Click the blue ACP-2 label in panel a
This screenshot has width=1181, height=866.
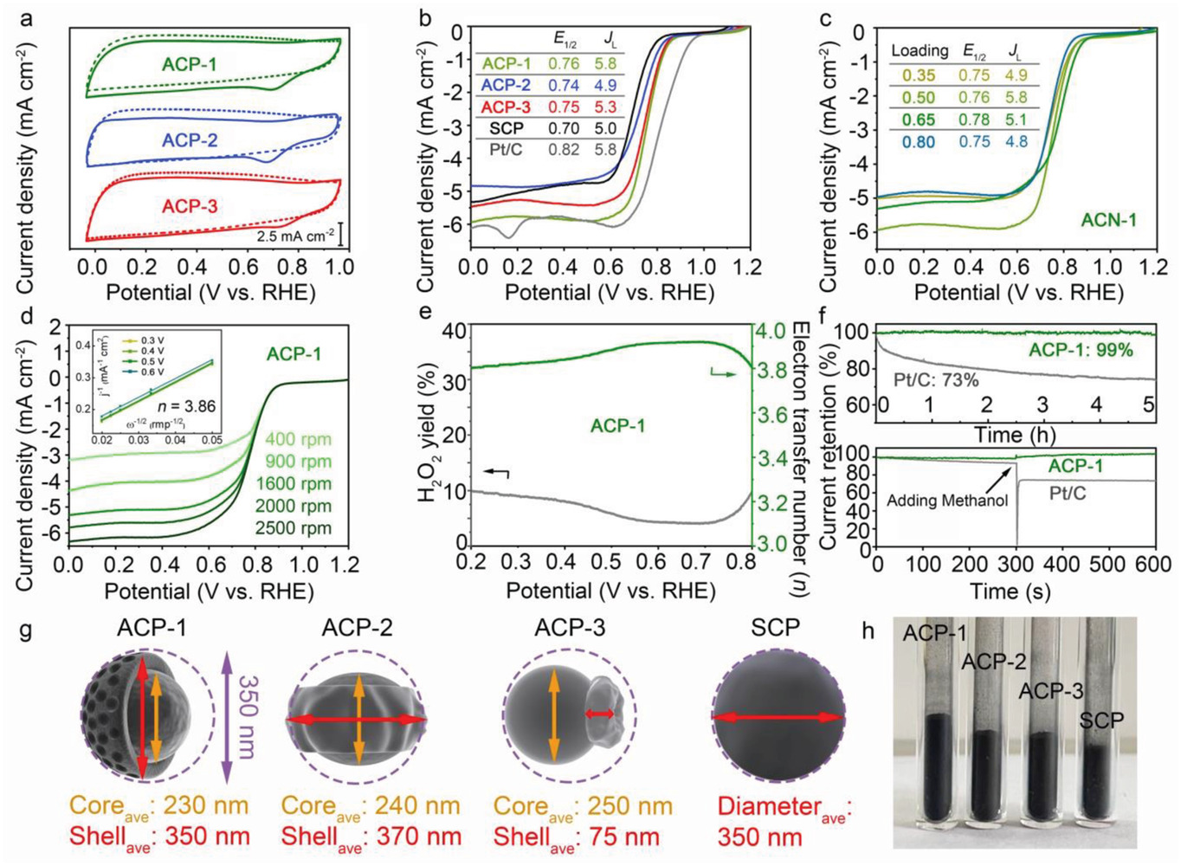coord(190,140)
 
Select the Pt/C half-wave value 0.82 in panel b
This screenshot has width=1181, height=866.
coord(566,150)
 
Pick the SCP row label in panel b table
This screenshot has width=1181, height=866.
coord(507,128)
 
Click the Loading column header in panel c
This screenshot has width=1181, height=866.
coord(920,51)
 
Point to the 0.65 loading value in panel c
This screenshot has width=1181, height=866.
coord(919,120)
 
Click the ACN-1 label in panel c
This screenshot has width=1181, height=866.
coord(1108,220)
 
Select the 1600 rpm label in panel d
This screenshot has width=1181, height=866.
coord(294,483)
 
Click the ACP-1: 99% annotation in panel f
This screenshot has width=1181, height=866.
coord(1081,350)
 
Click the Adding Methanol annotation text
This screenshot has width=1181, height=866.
coord(946,500)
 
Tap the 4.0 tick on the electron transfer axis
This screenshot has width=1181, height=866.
coord(771,332)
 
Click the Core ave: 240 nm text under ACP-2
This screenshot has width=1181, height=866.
coord(371,806)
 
